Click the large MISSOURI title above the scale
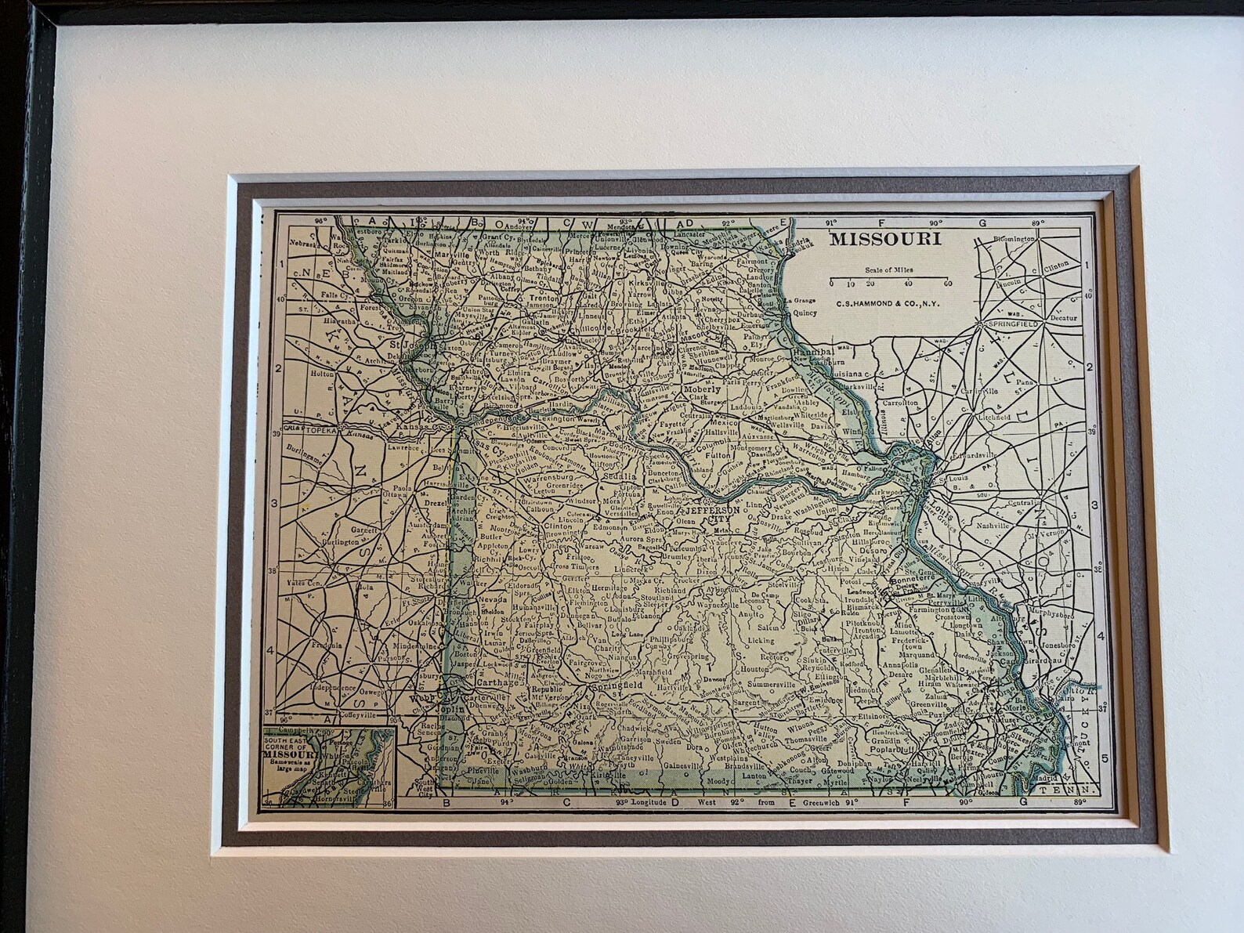885,239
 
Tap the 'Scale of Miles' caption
890,270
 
